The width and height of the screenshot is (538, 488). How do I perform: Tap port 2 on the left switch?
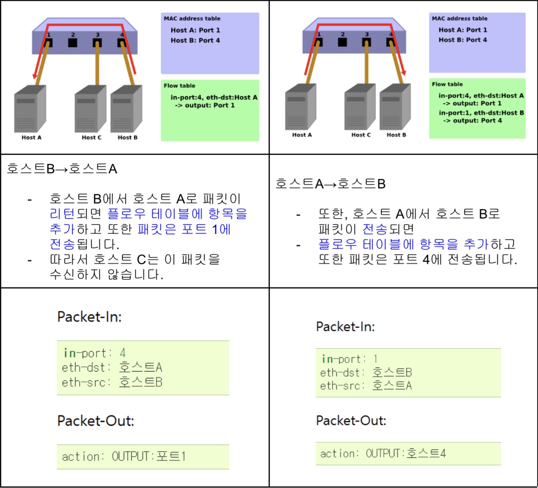73,42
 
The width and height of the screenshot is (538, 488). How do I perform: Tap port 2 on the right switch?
342,41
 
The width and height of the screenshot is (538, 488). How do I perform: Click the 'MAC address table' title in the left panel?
192,18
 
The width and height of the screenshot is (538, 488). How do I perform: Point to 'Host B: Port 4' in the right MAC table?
463,40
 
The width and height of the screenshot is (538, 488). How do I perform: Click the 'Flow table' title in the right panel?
447,84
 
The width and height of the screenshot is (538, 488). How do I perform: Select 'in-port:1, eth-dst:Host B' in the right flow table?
481,113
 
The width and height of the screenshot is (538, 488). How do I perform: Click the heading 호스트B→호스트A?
62,169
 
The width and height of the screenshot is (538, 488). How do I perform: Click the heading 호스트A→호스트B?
330,184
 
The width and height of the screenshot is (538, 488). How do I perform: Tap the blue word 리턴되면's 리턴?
62,214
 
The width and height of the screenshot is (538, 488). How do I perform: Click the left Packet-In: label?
89,317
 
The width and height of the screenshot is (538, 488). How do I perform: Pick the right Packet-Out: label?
351,421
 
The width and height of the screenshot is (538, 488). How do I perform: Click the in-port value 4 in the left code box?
123,353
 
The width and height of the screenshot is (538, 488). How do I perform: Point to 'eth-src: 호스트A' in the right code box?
366,386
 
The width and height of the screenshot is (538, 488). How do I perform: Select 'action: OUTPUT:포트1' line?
124,457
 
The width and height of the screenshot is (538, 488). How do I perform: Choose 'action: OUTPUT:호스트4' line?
383,453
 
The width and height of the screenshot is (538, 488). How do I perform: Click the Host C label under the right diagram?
361,135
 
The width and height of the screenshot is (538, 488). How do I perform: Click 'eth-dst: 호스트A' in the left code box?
112,367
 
